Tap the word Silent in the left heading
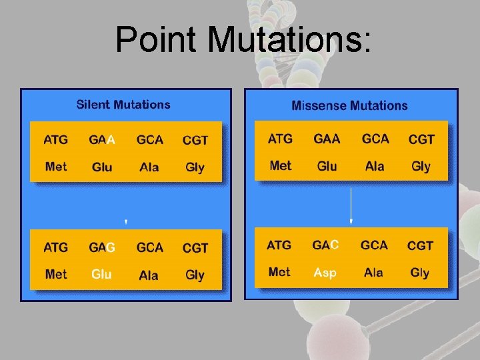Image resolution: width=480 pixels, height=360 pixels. click(93, 105)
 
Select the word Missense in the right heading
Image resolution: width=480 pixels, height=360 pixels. click(319, 106)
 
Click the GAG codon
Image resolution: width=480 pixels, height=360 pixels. click(102, 247)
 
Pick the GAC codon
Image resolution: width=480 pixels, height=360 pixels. click(325, 245)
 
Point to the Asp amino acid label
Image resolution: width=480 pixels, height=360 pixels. click(325, 273)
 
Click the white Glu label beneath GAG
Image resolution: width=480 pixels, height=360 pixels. click(101, 274)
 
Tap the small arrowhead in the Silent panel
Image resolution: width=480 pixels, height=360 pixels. click(126, 221)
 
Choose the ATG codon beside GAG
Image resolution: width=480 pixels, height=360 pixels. click(56, 247)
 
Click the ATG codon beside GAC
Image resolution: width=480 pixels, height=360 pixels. click(279, 245)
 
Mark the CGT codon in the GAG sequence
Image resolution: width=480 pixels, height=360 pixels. click(195, 248)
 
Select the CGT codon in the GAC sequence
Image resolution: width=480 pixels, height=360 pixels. click(421, 245)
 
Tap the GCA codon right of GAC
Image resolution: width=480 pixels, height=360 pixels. click(374, 245)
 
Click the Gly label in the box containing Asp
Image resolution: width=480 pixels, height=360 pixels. click(420, 273)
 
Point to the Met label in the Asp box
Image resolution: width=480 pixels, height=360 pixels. click(279, 272)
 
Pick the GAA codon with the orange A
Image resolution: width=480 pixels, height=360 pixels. click(102, 140)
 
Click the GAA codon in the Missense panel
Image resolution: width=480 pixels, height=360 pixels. click(327, 139)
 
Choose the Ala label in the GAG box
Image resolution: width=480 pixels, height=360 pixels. click(149, 275)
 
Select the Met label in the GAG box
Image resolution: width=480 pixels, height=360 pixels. click(56, 274)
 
